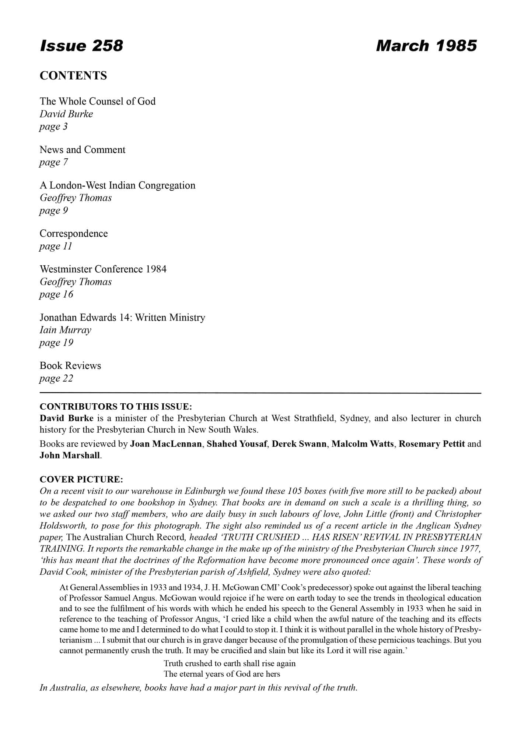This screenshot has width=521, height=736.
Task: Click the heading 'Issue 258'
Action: [x=81, y=46]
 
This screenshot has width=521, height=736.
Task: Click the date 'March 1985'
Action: [x=426, y=46]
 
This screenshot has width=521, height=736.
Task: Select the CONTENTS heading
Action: [x=73, y=76]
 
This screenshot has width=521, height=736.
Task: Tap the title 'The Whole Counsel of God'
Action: [x=98, y=101]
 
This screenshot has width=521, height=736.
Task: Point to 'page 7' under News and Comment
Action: [x=54, y=162]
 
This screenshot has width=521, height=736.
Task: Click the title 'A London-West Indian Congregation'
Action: [x=118, y=185]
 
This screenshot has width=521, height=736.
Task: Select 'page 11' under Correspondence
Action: [x=56, y=246]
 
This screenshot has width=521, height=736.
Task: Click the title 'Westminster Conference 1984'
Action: [x=103, y=269]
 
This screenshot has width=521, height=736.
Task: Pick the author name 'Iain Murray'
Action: [x=66, y=330]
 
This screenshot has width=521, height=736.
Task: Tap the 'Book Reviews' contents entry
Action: [x=70, y=366]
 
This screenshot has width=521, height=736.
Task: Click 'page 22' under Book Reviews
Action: [x=56, y=378]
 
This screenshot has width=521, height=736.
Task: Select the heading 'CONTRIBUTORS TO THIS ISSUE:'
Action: [x=116, y=407]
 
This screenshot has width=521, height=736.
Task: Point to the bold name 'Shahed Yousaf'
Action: [x=237, y=444]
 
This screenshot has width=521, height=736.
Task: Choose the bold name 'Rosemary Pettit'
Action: [x=431, y=444]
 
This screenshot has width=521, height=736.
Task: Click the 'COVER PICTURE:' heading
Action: [x=81, y=480]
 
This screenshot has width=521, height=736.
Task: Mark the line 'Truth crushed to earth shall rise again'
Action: [x=230, y=664]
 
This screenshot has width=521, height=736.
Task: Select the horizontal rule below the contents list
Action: [x=260, y=393]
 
